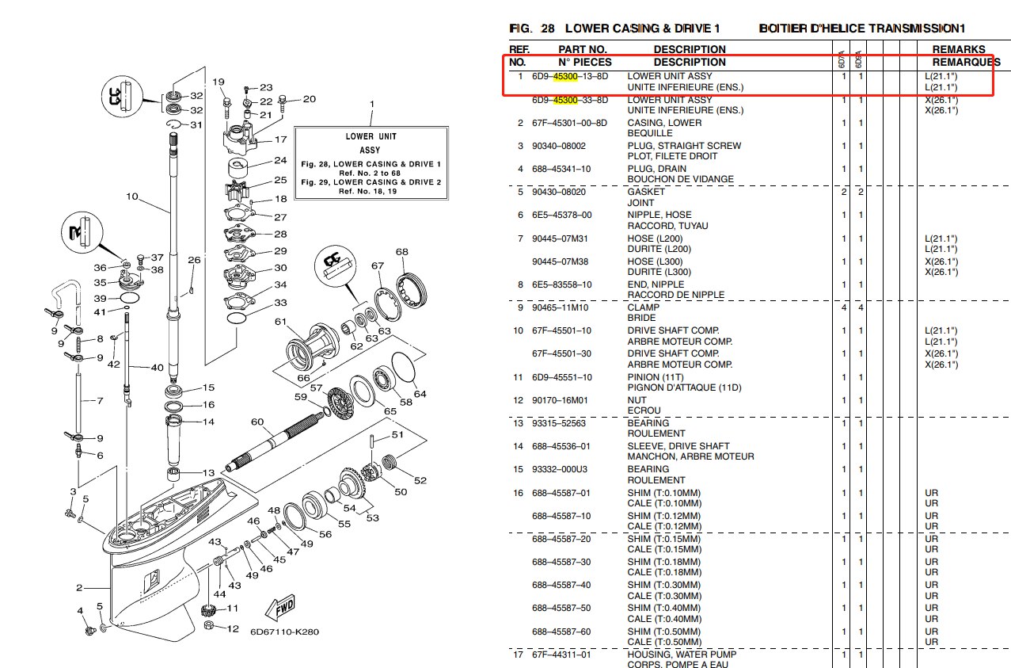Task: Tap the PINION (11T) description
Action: click(655, 377)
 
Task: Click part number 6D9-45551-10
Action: click(561, 377)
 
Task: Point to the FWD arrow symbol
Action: click(283, 609)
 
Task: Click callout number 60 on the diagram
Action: click(257, 422)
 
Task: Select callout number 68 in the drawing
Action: click(402, 252)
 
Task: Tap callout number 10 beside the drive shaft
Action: click(131, 197)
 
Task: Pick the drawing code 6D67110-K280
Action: click(284, 632)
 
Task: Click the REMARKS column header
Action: click(958, 49)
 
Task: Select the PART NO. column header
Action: click(583, 49)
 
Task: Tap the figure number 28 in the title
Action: click(548, 29)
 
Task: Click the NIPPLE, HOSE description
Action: click(659, 215)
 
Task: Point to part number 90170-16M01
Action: click(560, 400)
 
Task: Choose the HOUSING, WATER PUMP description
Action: click(682, 655)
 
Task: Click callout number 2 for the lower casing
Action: click(79, 587)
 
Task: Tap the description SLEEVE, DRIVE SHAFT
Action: click(678, 446)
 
